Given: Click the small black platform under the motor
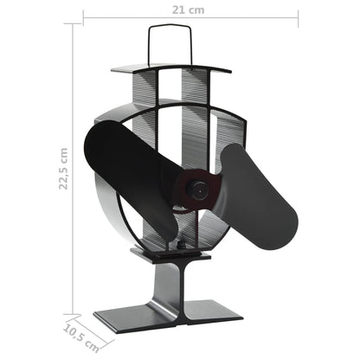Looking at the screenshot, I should pos(173,253).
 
